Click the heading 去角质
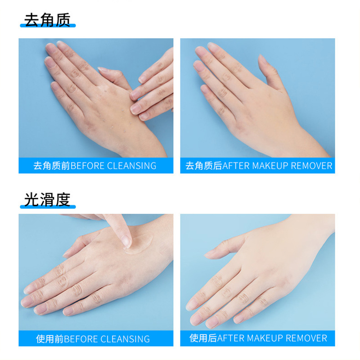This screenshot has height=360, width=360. pyautogui.click(x=47, y=20)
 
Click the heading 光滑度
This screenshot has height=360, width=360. pyautogui.click(x=47, y=200)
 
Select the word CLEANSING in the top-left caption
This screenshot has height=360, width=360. pyautogui.click(x=131, y=166)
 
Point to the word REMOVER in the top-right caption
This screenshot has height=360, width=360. pyautogui.click(x=311, y=166)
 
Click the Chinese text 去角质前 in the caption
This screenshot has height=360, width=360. pyautogui.click(x=52, y=166)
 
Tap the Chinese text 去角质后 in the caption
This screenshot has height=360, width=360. pyautogui.click(x=204, y=166)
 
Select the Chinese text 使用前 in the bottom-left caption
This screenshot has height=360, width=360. pyautogui.click(x=49, y=339)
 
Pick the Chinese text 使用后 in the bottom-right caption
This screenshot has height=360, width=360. pyautogui.click(x=203, y=338)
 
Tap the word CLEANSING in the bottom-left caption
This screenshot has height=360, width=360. pyautogui.click(x=125, y=339)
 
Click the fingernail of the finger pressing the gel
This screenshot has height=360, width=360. pyautogui.click(x=126, y=241)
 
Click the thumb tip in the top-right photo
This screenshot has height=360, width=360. pyautogui.click(x=261, y=58)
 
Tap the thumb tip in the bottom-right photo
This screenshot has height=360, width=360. pyautogui.click(x=208, y=255)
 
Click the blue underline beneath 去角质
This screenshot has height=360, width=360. pyautogui.click(x=48, y=26)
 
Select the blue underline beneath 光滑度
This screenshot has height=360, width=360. pyautogui.click(x=48, y=207)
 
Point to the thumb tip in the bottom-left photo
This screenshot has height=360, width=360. pyautogui.click(x=67, y=254)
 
